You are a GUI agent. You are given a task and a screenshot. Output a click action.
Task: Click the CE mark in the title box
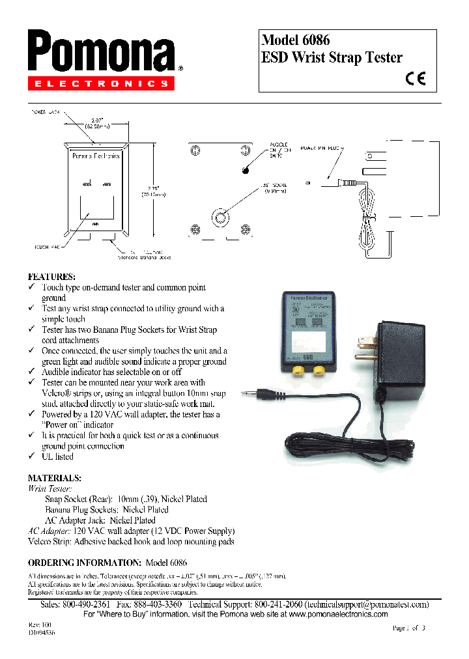[x=415, y=79]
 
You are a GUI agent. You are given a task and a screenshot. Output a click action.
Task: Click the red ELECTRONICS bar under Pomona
[x=101, y=83]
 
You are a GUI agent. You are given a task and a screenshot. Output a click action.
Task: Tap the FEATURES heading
[x=51, y=276]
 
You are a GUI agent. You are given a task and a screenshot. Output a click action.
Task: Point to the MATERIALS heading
[x=54, y=477]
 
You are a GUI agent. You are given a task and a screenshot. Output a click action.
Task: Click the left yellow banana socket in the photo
[x=296, y=371]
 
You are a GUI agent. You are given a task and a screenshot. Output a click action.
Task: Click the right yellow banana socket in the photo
[x=319, y=371]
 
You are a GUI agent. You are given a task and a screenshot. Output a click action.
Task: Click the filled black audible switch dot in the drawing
[x=246, y=171]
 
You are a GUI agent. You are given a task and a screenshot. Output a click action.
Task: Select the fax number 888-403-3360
[x=156, y=604]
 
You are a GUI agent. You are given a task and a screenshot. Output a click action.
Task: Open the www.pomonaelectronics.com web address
[x=338, y=614]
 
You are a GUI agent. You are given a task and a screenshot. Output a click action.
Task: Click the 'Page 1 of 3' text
[x=409, y=628]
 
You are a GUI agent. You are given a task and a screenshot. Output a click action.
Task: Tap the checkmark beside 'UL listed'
[x=31, y=456]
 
